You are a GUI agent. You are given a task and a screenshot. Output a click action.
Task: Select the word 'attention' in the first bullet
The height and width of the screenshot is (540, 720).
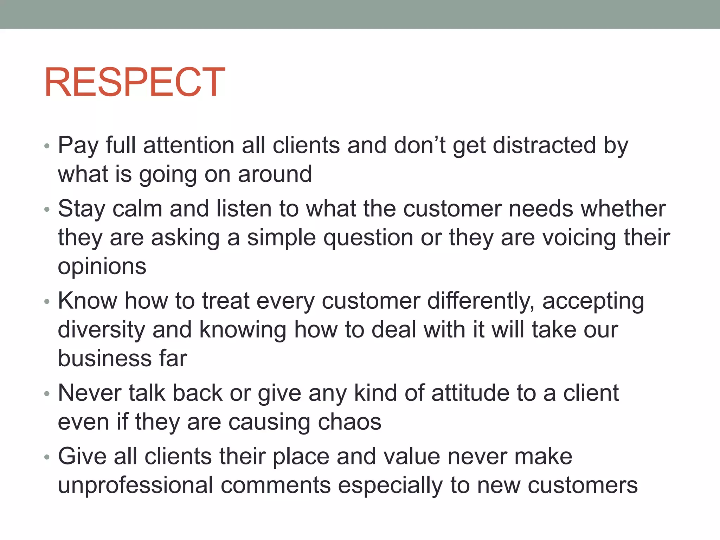click(x=189, y=145)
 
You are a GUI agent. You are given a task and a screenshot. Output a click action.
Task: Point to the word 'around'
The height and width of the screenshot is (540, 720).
click(x=275, y=174)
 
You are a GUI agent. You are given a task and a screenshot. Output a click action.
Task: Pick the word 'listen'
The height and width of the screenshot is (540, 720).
click(x=244, y=208)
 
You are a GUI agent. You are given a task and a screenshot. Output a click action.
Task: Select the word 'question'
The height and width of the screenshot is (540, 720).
click(x=368, y=238)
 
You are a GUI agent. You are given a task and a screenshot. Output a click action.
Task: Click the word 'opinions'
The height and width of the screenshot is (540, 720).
click(x=102, y=266)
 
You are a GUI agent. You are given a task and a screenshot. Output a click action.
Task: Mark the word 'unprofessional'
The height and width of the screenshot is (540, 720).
click(x=135, y=486)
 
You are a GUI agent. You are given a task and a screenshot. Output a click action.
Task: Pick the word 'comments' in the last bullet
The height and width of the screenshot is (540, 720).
click(x=276, y=486)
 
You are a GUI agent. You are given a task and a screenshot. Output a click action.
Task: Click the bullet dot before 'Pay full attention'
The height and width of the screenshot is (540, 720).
click(x=47, y=146)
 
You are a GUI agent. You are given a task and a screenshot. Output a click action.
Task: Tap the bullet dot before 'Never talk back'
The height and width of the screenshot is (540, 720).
click(x=47, y=394)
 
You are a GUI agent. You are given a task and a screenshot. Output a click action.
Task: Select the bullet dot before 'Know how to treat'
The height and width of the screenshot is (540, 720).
click(x=47, y=302)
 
